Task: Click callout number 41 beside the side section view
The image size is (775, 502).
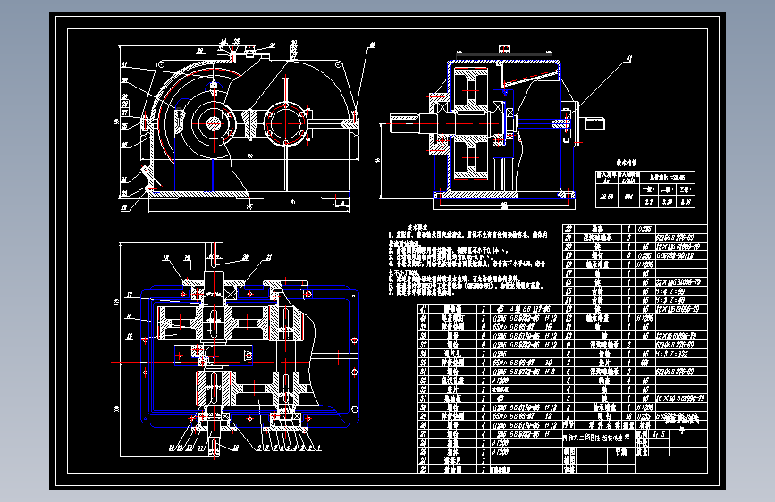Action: tap(628, 58)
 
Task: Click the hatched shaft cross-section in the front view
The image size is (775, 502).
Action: tap(213, 121)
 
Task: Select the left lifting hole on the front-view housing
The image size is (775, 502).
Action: tap(147, 120)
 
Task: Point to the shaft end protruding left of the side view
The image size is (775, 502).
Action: tap(402, 122)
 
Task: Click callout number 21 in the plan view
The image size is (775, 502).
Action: tap(266, 256)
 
